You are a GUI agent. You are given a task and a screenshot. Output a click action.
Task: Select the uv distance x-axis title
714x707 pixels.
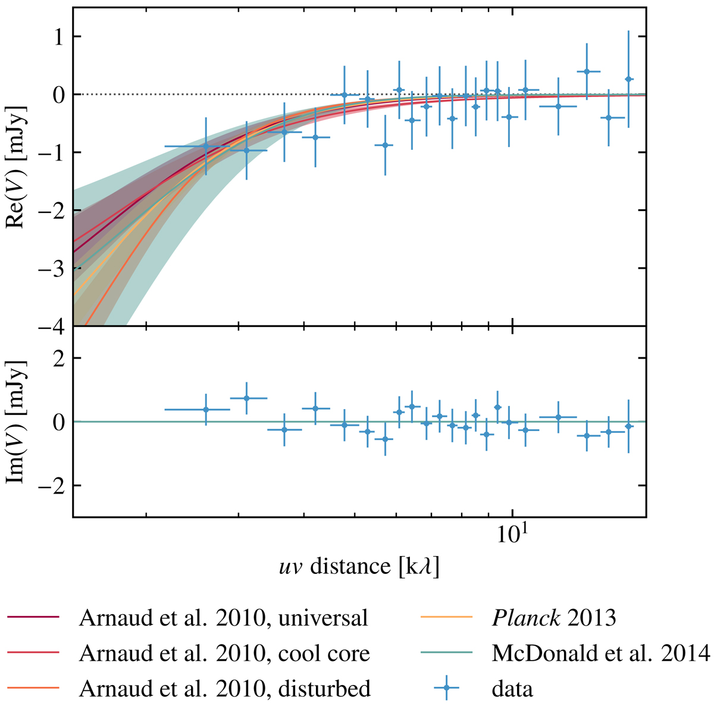tap(359, 567)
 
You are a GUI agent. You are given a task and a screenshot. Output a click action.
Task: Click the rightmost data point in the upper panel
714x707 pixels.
tap(628, 79)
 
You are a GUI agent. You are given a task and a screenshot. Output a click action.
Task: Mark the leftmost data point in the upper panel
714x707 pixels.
tap(206, 146)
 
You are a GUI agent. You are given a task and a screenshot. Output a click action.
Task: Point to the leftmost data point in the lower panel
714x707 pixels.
tap(206, 409)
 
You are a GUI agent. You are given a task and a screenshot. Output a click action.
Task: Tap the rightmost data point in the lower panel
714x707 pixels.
tap(628, 426)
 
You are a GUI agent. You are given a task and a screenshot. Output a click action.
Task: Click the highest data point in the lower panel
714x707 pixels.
tap(246, 398)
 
